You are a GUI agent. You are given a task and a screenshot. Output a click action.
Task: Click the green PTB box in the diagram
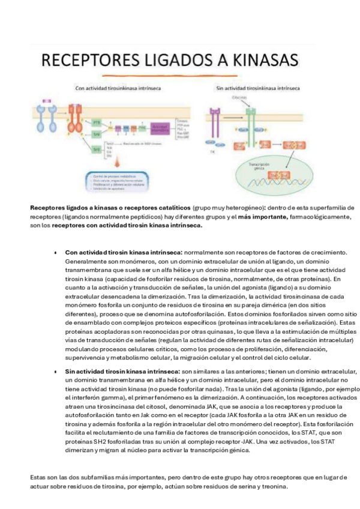(x=98, y=122)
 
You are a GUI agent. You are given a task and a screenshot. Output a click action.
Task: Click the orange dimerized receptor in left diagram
(x=76, y=123)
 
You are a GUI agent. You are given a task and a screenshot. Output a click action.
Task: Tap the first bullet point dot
(x=56, y=253)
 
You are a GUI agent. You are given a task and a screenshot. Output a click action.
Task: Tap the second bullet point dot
(x=56, y=372)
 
